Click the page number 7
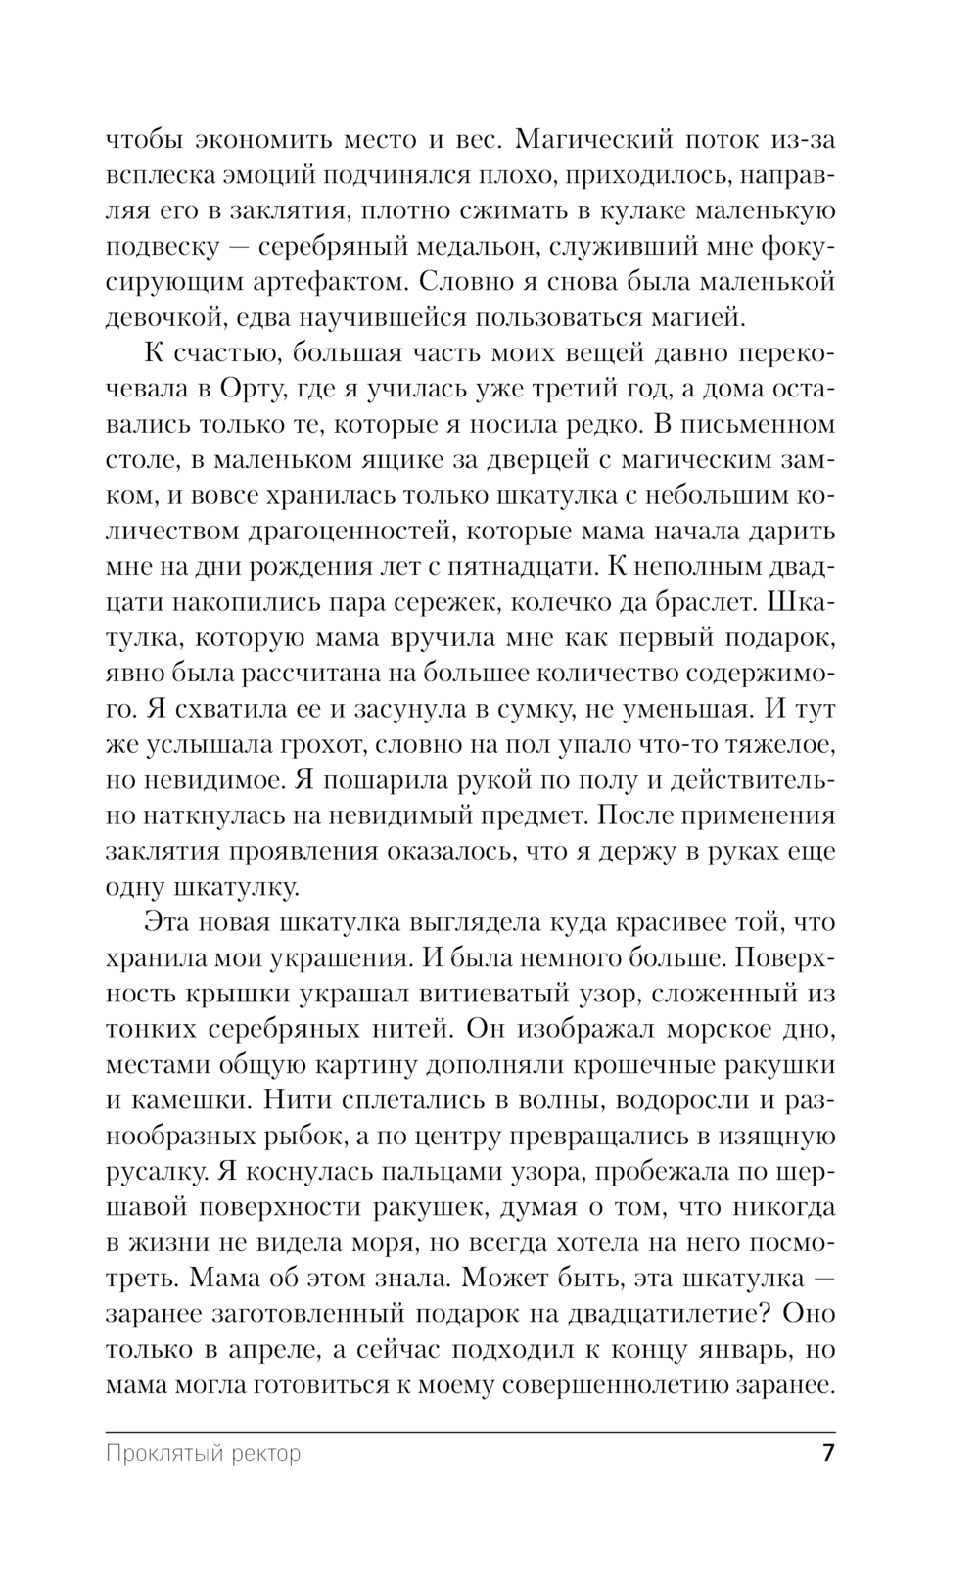coord(828,1452)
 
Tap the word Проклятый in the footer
coord(158,1453)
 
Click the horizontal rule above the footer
coord(470,1432)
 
